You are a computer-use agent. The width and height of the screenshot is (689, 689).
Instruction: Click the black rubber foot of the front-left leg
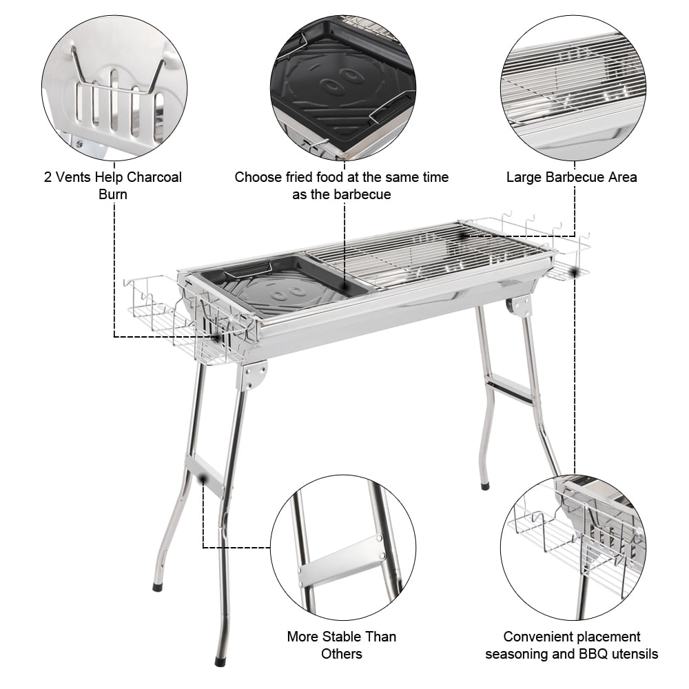(158, 588)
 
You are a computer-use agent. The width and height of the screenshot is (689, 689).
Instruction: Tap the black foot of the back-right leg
(485, 486)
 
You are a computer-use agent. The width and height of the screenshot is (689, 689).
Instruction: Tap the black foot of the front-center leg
(220, 661)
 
